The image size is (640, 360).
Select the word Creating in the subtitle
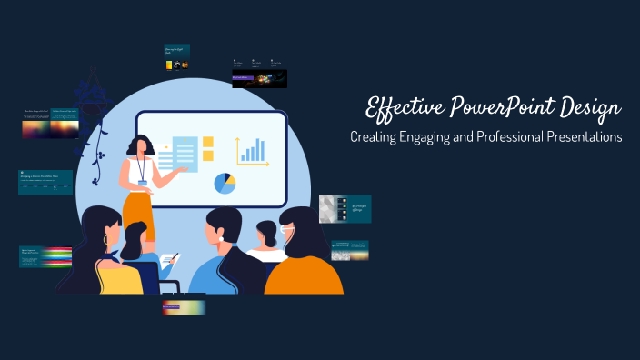tap(375, 138)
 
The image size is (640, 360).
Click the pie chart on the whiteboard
tap(225, 183)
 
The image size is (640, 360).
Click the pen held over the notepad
tap(174, 259)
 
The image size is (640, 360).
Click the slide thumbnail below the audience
tap(184, 306)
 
